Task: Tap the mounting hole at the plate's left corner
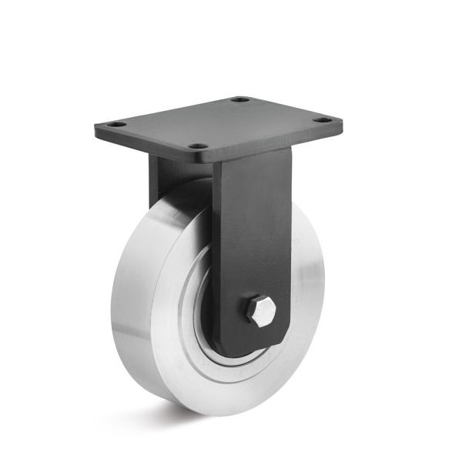point(116,123)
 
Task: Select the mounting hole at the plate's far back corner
point(240,99)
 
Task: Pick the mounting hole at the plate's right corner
point(325,120)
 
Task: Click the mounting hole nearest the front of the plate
point(198,146)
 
